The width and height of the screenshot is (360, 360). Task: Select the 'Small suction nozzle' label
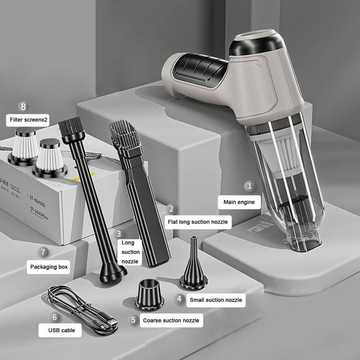tap(217, 301)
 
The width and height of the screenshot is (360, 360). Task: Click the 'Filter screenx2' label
tap(28, 119)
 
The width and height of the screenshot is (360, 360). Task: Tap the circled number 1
tap(248, 186)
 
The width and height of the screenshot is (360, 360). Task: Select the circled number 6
tap(55, 317)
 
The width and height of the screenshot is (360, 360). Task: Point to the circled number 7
tap(43, 252)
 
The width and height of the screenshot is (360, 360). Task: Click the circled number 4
tap(180, 299)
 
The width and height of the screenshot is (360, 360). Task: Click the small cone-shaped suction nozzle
tap(193, 266)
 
